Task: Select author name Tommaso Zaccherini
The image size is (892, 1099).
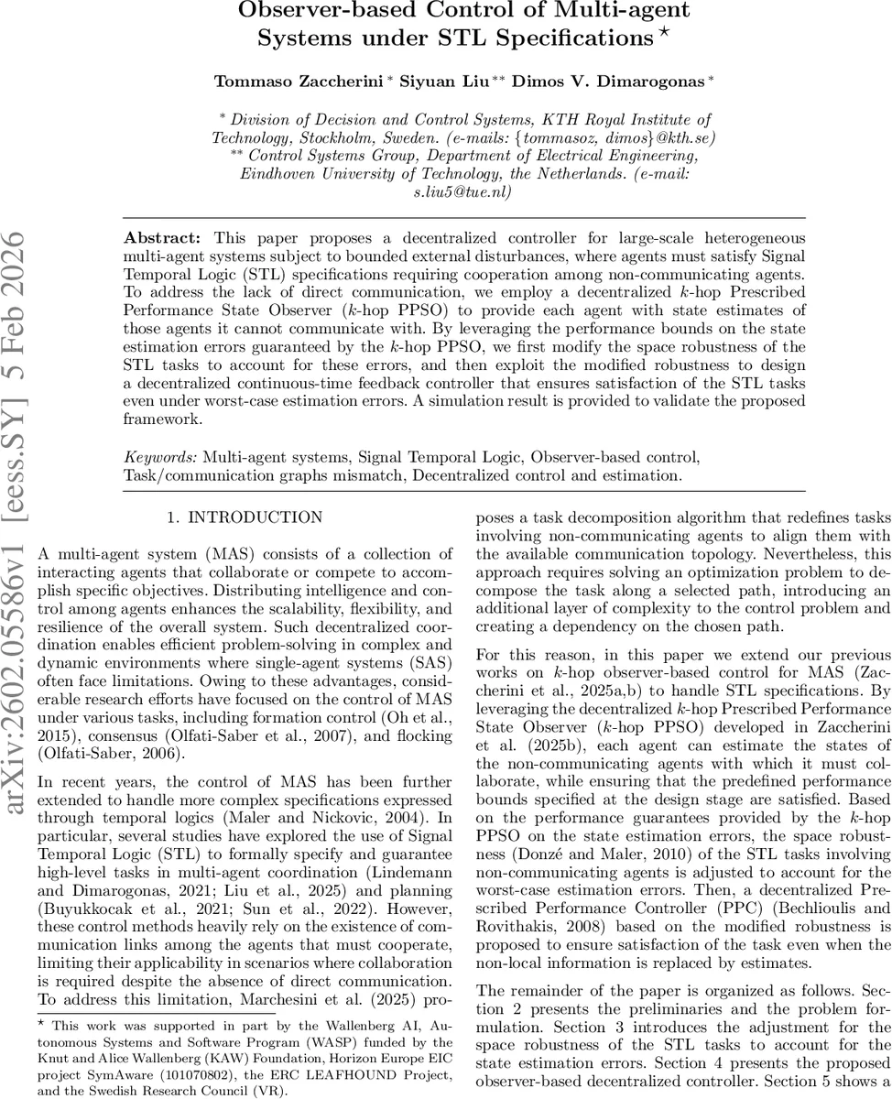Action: coord(299,82)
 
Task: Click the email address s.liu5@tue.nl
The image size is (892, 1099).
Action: coord(462,191)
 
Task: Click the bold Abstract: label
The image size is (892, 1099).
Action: coord(157,237)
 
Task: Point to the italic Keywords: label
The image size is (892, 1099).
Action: coord(160,455)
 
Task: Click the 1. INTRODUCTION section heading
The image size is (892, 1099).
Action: coord(245,517)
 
